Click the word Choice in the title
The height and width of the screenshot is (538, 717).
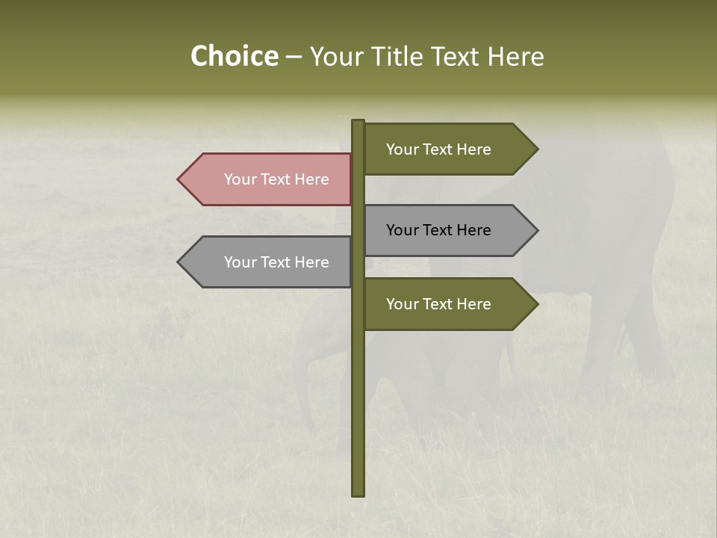coord(234,57)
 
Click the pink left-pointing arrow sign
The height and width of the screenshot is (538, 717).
coord(269,179)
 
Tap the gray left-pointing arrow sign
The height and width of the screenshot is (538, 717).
coord(269,262)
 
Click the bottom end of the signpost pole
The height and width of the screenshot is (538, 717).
coord(358,493)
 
